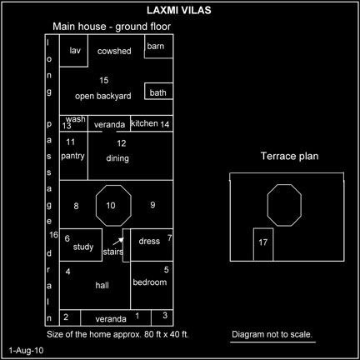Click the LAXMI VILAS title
tap(179, 11)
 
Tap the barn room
tap(158, 46)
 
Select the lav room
tap(73, 51)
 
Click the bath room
tap(158, 91)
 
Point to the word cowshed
tap(114, 51)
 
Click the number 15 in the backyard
tap(104, 80)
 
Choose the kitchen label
tap(144, 123)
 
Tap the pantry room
tap(73, 156)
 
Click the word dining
tap(117, 158)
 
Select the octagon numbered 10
tap(113, 206)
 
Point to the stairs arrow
tap(118, 242)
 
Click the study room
tap(81, 245)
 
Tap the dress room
tap(152, 245)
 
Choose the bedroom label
tap(150, 282)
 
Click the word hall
tap(102, 285)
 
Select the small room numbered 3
tap(162, 317)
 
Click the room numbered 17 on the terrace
tap(263, 244)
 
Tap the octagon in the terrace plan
tap(284, 205)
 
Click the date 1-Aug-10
tap(26, 351)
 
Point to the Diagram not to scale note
tap(272, 334)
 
